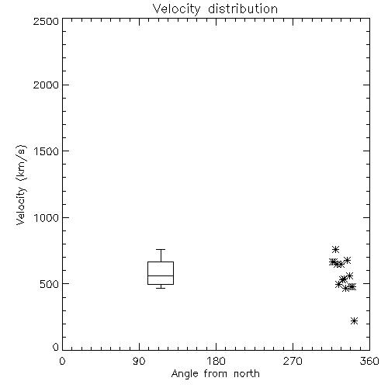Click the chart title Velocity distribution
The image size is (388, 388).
coord(215,9)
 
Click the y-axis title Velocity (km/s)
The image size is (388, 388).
coord(21,185)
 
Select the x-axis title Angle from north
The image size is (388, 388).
coord(215,374)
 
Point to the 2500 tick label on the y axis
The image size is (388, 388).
coord(46,21)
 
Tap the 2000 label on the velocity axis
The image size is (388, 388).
coord(46,85)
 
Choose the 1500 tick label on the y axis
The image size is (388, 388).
coord(47,151)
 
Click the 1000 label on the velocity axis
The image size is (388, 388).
coord(47,217)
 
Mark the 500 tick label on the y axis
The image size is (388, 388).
coord(50,284)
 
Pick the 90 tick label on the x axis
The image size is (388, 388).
coord(139,361)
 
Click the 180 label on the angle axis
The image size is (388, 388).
coord(216,361)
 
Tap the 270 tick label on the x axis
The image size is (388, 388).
coord(293,361)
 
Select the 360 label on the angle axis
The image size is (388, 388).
coord(369,361)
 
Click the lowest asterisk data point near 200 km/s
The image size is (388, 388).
coord(354,321)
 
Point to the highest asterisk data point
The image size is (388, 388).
coord(335,250)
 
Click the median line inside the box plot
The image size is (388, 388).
coord(161,275)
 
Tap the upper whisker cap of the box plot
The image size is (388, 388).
coord(161,249)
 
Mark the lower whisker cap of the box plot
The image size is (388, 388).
coord(161,288)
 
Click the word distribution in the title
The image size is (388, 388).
coord(243,9)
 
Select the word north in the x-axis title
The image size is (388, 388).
coord(247,374)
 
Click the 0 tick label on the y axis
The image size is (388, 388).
coord(56,347)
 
